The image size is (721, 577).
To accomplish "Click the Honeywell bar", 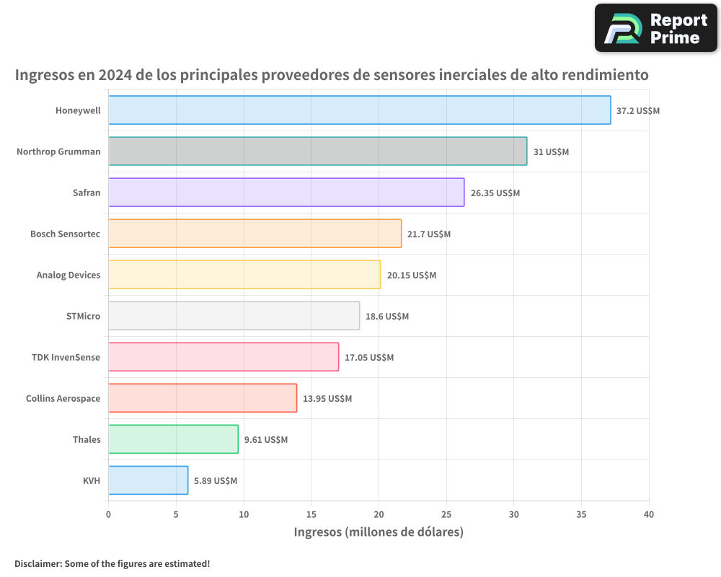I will coord(359,110).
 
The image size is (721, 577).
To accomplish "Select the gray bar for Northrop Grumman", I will coord(317,151).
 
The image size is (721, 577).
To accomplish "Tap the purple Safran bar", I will coord(286,193).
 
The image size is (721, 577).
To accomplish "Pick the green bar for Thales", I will coord(173,439).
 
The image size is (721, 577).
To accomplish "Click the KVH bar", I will coord(148,480).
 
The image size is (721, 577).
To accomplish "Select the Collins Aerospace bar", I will coord(203,398).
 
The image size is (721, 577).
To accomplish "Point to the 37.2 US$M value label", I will coord(637,111).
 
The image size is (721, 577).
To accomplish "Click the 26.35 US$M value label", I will coord(495,193).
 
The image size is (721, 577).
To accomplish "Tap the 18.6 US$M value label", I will coord(386,317).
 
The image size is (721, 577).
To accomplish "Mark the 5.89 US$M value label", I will coord(215,481).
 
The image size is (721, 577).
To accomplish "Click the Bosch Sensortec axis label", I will coord(65,234).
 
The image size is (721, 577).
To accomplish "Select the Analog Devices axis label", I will coord(68,276).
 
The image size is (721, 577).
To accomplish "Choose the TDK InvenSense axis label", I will coord(66,358).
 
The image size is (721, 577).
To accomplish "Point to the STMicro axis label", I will coord(83,317).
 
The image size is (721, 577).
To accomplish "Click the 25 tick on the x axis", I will coord(446,514).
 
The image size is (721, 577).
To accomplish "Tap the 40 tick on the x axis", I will coord(649,514).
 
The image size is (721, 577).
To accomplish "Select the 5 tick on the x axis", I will coord(176,514).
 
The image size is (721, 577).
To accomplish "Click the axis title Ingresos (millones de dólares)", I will coord(379,532).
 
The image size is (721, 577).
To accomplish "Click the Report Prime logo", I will coord(656,28).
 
